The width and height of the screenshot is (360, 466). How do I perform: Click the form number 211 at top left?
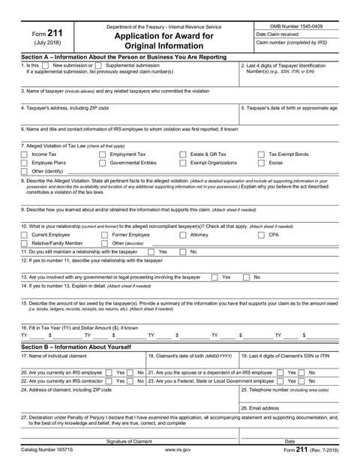pos(42,35)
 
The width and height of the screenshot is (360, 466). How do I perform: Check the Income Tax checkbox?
pos(24,154)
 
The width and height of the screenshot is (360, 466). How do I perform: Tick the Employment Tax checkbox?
pos(103,154)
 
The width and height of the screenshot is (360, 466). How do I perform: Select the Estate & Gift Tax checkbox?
pos(183,154)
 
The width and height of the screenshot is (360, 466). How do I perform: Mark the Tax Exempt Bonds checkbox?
pos(262,154)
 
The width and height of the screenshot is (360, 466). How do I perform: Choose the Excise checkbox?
pos(262,162)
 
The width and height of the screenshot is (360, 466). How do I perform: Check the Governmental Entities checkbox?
pos(103,162)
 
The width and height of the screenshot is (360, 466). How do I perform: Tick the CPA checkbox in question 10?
pos(262,235)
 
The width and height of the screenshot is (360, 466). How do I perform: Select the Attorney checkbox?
pos(183,235)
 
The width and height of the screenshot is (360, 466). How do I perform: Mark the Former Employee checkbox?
pos(103,235)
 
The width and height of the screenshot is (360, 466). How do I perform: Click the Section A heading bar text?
pos(124,57)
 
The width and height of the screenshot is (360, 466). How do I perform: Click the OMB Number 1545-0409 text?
pos(296,26)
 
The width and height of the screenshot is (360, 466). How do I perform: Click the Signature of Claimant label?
pos(129,441)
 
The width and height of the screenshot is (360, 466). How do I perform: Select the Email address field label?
pos(257,407)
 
